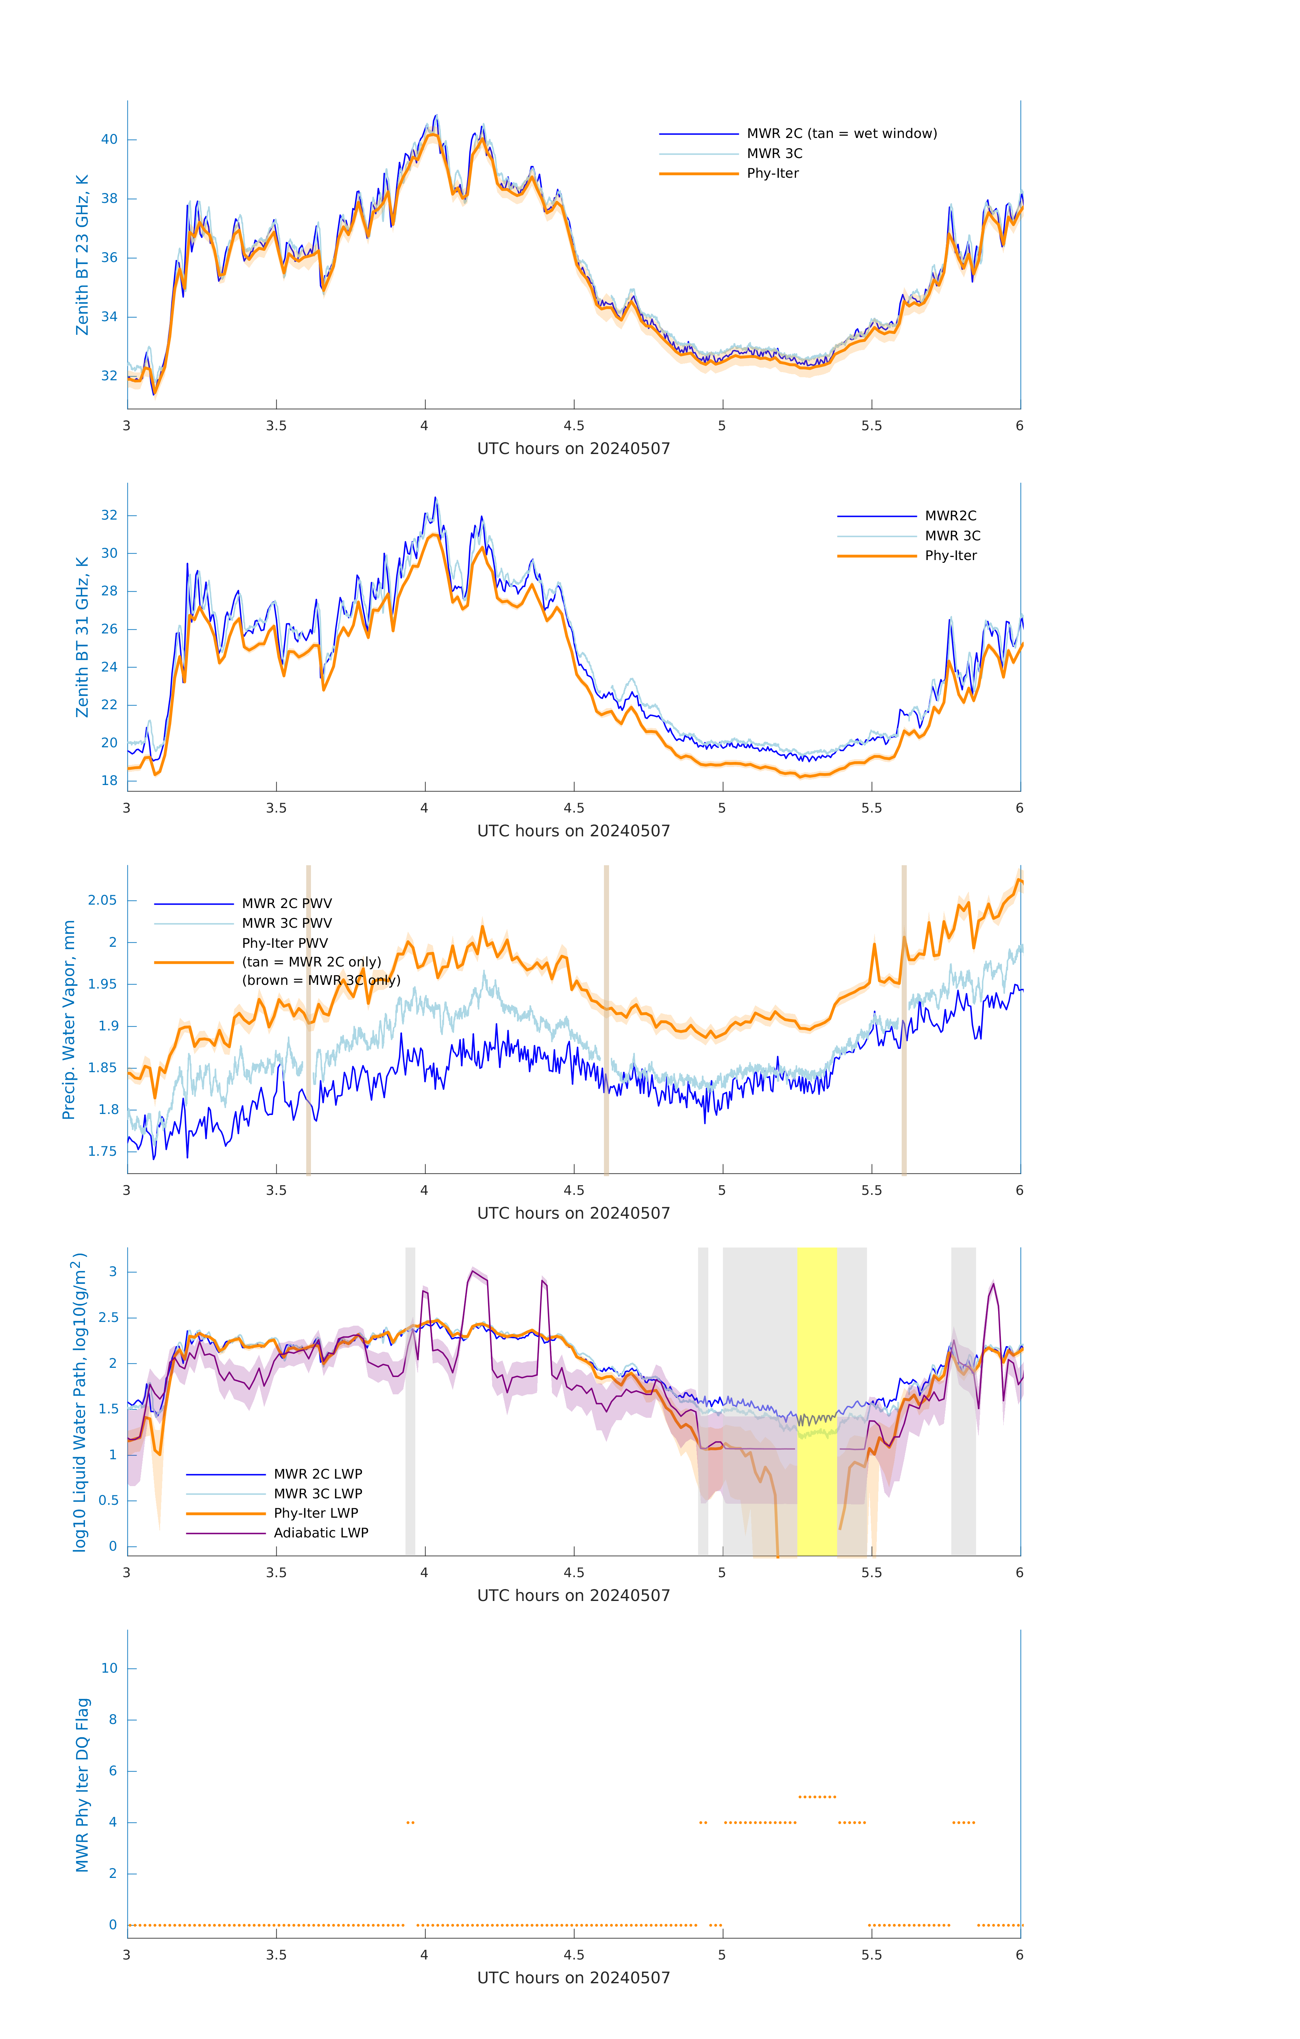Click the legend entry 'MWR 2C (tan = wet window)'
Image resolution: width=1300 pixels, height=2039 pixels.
tap(841, 134)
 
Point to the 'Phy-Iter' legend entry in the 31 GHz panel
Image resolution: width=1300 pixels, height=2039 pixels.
tap(950, 556)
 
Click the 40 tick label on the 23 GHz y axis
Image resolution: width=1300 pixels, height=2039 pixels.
tap(109, 140)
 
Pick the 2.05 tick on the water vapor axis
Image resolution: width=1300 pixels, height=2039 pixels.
tap(103, 900)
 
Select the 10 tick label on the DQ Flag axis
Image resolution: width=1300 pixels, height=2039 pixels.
tap(109, 1668)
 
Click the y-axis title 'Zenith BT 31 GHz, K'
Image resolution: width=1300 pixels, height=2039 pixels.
tap(82, 637)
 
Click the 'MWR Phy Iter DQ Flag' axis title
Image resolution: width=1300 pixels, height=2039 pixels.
tap(82, 1785)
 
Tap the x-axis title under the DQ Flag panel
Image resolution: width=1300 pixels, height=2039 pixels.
tap(573, 1978)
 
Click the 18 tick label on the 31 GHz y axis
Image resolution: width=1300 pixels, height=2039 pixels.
tap(109, 781)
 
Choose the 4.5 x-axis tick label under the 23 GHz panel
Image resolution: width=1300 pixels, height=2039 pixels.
tap(573, 426)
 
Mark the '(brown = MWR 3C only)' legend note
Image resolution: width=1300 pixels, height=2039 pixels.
tap(321, 980)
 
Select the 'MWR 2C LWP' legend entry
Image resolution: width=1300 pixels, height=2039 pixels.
tap(317, 1474)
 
